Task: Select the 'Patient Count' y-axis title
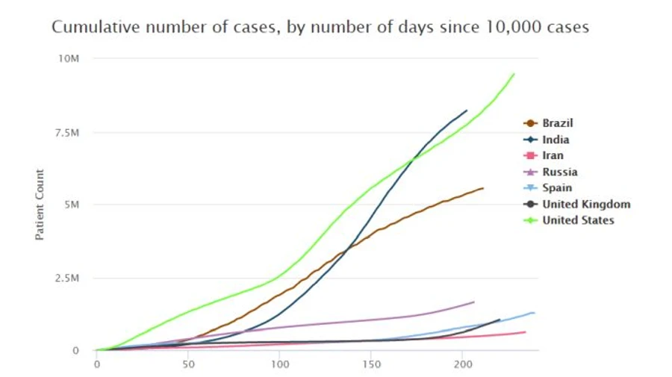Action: click(x=40, y=205)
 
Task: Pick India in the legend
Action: click(x=556, y=140)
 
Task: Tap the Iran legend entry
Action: click(x=553, y=155)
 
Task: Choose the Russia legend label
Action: click(x=559, y=172)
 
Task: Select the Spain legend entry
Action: click(x=557, y=187)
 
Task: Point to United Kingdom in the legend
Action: click(x=586, y=204)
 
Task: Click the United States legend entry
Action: click(x=578, y=219)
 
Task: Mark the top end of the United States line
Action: click(x=514, y=73)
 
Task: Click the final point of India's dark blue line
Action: click(x=467, y=110)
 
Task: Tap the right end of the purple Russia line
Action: click(x=474, y=302)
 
